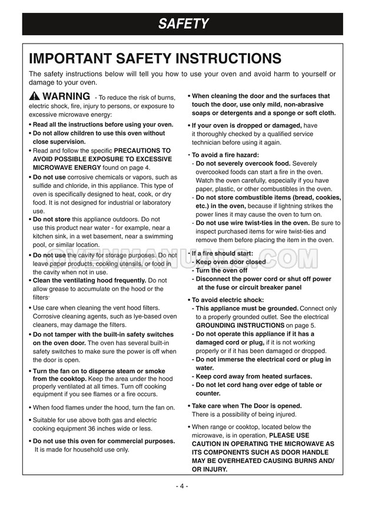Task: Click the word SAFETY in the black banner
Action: click(x=182, y=24)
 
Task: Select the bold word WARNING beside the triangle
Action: click(x=66, y=96)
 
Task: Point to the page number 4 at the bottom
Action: click(x=182, y=487)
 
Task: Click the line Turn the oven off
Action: click(x=221, y=270)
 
